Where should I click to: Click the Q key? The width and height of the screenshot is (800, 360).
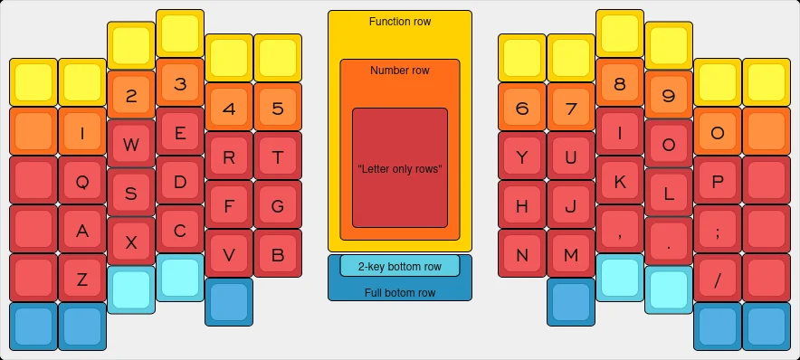(x=82, y=181)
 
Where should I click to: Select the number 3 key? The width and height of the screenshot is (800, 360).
(x=180, y=84)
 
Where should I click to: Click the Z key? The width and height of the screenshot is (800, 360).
(x=82, y=279)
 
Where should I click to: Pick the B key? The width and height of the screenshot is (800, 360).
(x=278, y=254)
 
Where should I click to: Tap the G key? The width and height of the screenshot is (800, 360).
(x=278, y=205)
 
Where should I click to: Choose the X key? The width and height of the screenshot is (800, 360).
(x=131, y=242)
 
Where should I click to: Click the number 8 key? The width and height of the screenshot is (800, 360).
(x=620, y=84)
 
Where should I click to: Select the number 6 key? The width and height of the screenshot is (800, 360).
(x=522, y=109)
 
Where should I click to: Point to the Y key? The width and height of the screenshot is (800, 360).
(x=522, y=156)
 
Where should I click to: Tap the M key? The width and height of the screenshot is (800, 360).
(x=571, y=254)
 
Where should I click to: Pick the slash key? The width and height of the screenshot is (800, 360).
(x=718, y=279)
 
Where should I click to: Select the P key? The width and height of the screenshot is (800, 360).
(x=718, y=181)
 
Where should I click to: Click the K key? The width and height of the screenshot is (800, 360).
(x=620, y=181)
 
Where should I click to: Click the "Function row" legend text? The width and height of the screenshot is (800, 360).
(x=400, y=22)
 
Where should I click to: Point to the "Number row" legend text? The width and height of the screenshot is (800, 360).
(x=400, y=71)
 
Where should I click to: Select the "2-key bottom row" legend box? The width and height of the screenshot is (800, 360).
(x=400, y=266)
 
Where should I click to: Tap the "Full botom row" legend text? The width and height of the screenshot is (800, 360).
(x=400, y=292)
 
